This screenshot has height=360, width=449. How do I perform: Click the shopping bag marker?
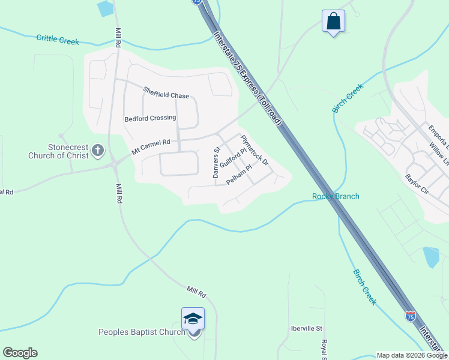(x=333, y=22)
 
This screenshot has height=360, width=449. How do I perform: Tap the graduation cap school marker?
(x=193, y=319)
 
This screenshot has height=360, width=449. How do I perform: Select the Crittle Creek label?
(x=58, y=39)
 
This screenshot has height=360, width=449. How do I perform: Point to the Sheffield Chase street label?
(x=166, y=93)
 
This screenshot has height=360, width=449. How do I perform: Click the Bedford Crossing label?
(x=150, y=118)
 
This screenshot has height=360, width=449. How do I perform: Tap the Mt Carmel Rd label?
(x=151, y=144)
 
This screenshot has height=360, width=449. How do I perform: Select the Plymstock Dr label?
(x=255, y=151)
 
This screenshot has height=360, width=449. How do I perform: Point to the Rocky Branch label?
(x=336, y=196)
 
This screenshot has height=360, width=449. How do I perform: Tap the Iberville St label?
(x=307, y=329)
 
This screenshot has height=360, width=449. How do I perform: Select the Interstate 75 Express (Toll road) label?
(x=247, y=79)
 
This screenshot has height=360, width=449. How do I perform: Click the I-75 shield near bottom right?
(x=411, y=316)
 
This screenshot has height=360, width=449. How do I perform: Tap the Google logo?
(x=20, y=353)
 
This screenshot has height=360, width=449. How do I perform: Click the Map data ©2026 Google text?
(x=412, y=355)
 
